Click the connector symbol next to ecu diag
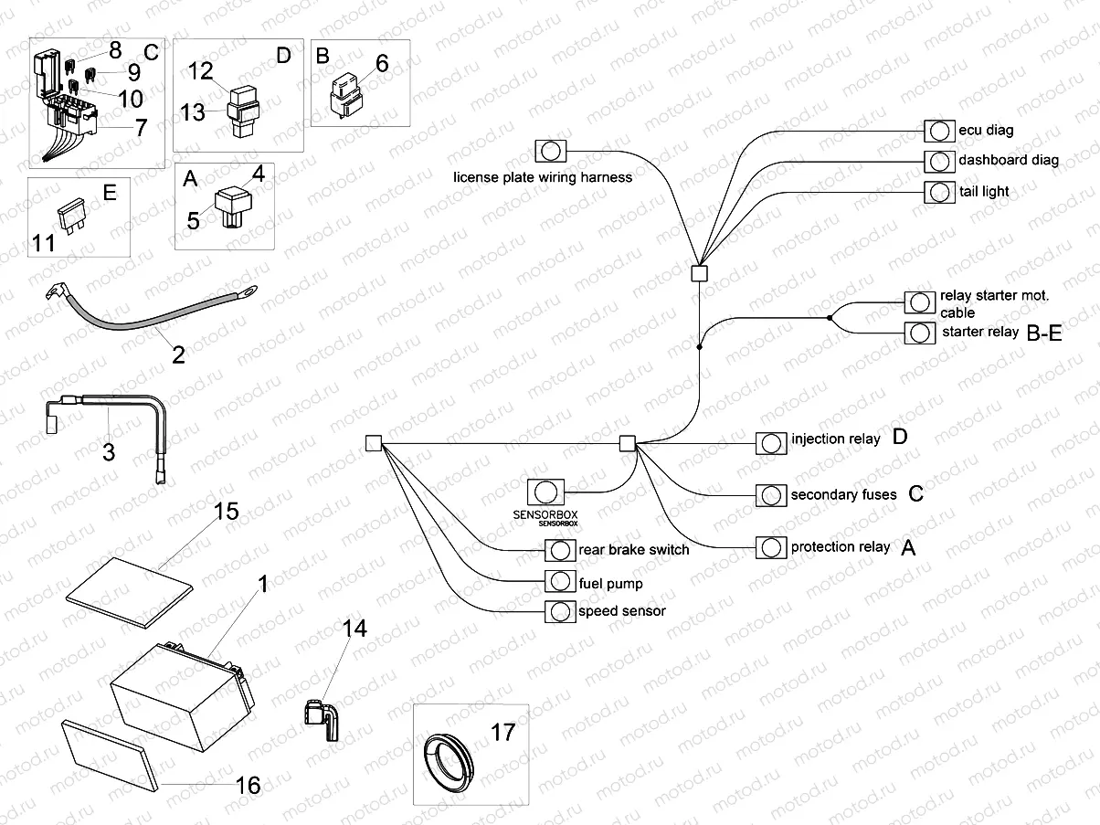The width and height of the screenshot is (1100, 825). point(937,131)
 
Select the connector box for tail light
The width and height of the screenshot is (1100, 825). point(937,192)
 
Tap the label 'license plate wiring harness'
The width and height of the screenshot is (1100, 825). point(543,177)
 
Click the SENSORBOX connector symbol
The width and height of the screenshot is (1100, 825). point(545,492)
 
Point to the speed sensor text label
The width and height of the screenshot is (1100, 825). point(622,611)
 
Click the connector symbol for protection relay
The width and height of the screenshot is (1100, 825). point(771,547)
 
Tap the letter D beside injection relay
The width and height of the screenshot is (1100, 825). point(900,438)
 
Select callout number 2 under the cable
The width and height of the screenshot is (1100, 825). point(178,354)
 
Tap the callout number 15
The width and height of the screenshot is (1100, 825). point(226,512)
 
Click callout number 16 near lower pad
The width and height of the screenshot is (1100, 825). point(248,785)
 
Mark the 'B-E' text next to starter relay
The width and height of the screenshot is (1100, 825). point(1044,333)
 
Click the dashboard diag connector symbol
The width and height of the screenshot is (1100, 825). point(937,161)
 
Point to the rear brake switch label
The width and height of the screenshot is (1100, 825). point(634,550)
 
